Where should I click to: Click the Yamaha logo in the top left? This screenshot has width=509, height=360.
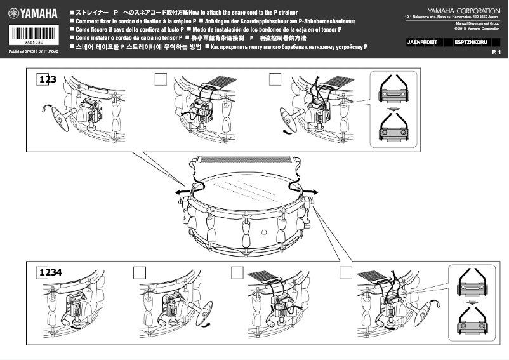(32, 13)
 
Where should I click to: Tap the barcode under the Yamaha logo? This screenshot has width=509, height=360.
(33, 36)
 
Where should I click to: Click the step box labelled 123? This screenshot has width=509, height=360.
(47, 79)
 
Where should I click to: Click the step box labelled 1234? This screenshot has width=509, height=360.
(50, 272)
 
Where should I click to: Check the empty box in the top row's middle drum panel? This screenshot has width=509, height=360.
(161, 79)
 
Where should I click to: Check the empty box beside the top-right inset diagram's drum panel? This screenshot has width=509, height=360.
(275, 79)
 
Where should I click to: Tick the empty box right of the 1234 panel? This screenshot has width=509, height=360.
(140, 272)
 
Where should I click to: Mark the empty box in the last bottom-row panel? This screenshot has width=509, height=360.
(345, 272)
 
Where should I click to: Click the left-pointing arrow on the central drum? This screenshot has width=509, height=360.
(180, 190)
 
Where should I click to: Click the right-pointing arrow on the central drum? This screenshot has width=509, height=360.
(312, 190)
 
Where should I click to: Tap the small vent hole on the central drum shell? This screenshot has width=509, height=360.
(263, 232)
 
